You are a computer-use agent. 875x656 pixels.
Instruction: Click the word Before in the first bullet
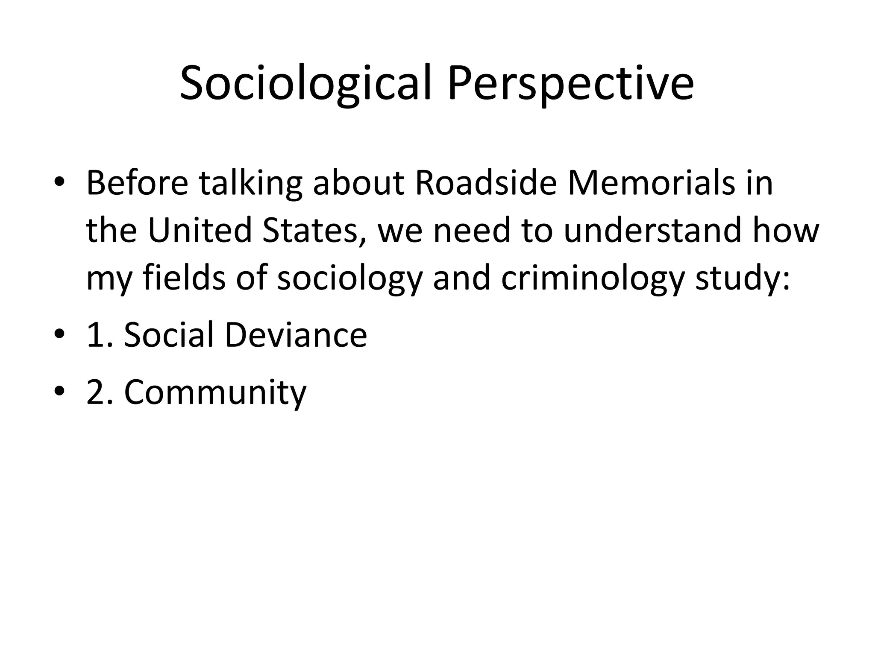(137, 183)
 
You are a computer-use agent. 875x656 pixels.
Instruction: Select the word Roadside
(485, 183)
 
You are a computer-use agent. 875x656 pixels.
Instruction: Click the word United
(200, 231)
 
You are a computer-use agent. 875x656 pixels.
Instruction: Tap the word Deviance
(296, 335)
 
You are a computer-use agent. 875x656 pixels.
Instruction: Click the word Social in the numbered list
(169, 335)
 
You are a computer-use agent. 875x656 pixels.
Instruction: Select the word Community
(215, 393)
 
